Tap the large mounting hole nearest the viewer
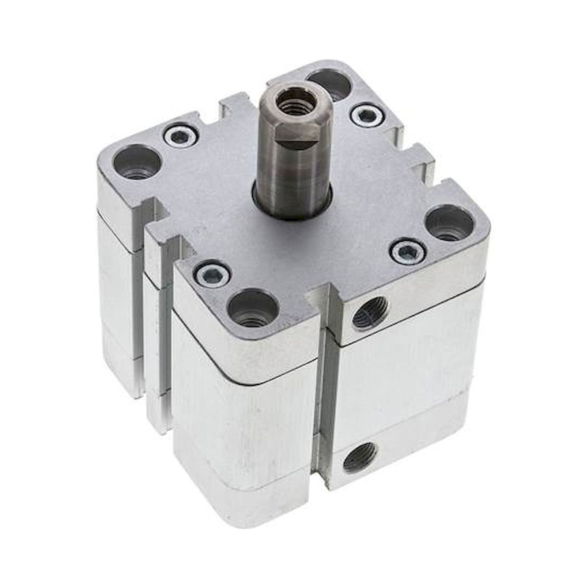point(253,309)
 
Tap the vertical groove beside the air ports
point(326,411)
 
